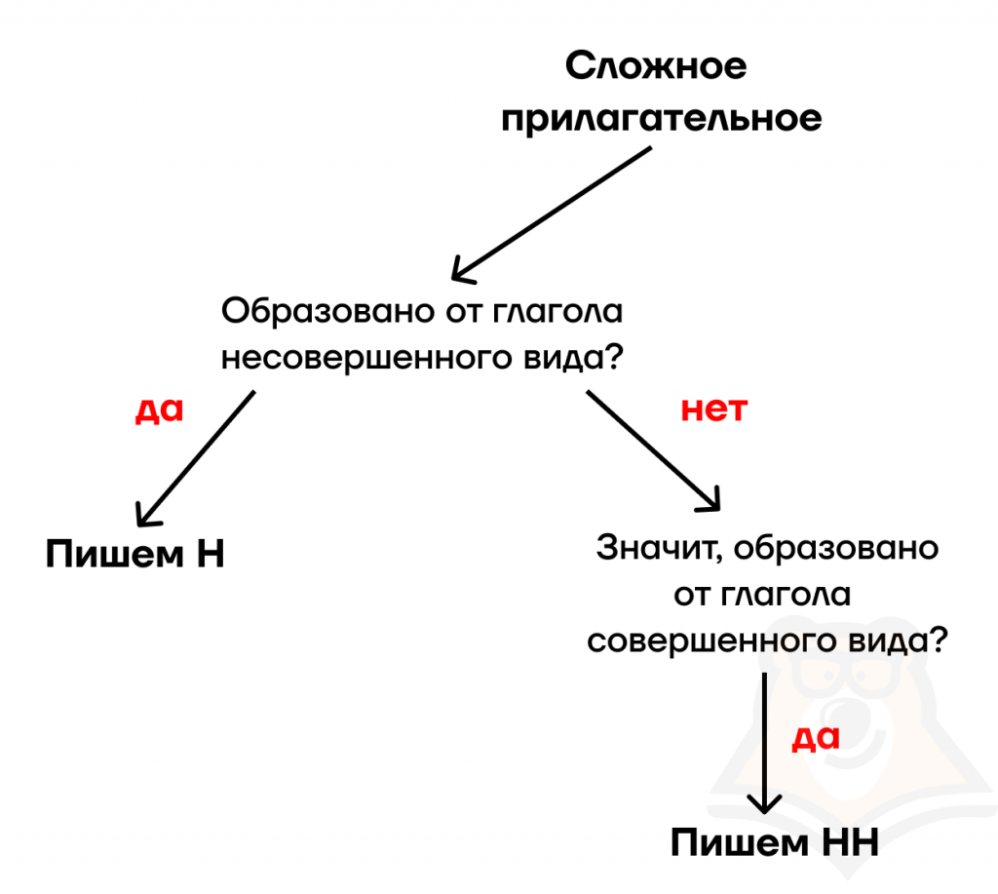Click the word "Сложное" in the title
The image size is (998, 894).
coord(657,67)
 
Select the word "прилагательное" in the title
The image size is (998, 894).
coord(661,119)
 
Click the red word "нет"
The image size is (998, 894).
coord(712,408)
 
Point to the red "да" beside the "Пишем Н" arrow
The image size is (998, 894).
coord(158,409)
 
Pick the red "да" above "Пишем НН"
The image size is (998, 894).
coord(815,737)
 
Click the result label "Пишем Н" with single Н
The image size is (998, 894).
coord(134,554)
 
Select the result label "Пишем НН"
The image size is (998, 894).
coord(775,842)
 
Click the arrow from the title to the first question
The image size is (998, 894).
coord(551,213)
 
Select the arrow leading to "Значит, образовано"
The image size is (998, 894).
coord(653,451)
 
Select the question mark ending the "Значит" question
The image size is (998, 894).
coord(939,642)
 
